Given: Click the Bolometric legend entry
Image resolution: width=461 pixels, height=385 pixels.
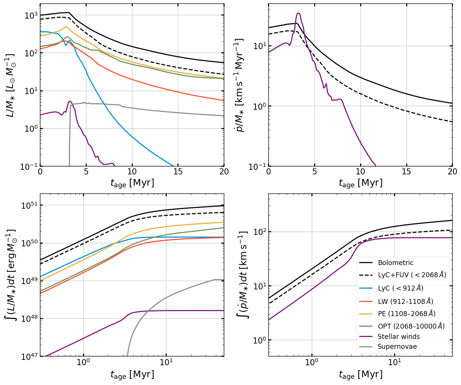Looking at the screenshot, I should pyautogui.click(x=396, y=263).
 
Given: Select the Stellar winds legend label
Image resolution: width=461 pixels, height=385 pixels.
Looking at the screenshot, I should pyautogui.click(x=399, y=336).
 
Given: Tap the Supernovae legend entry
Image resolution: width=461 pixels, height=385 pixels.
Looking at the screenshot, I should pyautogui.click(x=397, y=347).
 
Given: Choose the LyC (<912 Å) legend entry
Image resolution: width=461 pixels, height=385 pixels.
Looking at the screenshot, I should pyautogui.click(x=400, y=288).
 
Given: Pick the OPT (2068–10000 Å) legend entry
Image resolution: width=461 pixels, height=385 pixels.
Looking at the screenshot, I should pyautogui.click(x=411, y=326).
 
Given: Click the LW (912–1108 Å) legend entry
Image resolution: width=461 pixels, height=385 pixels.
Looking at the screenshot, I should pyautogui.click(x=405, y=301).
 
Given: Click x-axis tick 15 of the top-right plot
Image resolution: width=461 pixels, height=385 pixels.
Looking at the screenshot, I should pyautogui.click(x=406, y=172).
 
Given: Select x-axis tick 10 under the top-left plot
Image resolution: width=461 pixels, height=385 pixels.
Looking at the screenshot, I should pyautogui.click(x=132, y=172).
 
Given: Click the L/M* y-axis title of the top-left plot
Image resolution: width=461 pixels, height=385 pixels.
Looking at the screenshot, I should pyautogui.click(x=11, y=85).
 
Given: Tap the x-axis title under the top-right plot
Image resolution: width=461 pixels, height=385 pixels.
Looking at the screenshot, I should pyautogui.click(x=360, y=183).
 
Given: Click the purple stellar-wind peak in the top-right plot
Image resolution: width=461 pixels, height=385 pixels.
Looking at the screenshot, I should pyautogui.click(x=298, y=13).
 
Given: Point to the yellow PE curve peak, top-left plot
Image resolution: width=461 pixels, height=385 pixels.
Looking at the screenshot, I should pyautogui.click(x=66, y=27).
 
